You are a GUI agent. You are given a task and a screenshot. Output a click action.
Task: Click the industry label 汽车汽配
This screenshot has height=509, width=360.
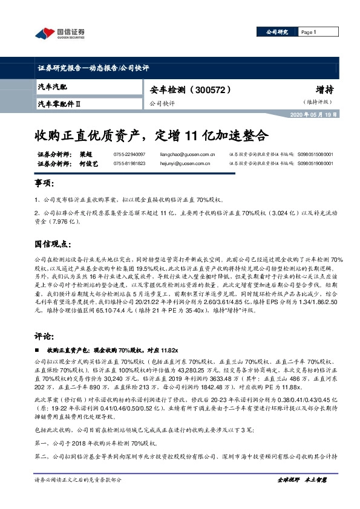pos(53,89)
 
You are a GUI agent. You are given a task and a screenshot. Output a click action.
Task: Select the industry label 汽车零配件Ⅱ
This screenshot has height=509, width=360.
pos(59,103)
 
